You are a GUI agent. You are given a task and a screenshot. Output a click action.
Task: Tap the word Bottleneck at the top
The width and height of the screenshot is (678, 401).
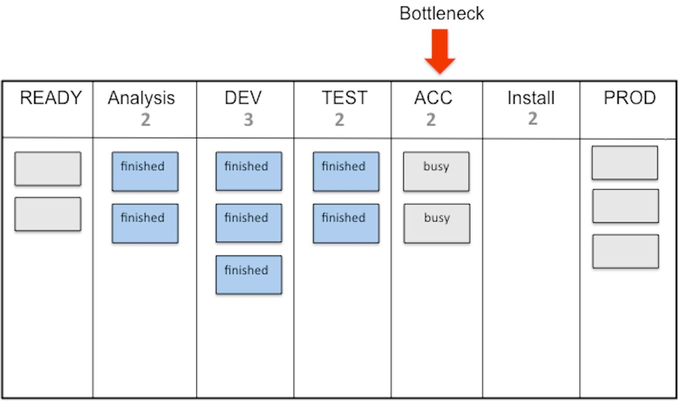441,14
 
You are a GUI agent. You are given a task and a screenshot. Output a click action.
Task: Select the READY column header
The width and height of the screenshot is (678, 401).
50,98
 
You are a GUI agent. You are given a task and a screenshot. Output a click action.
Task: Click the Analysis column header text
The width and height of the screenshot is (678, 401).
141,98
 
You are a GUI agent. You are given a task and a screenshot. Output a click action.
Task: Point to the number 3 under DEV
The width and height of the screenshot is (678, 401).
248,120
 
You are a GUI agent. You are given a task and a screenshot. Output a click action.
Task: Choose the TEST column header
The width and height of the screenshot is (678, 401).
344,98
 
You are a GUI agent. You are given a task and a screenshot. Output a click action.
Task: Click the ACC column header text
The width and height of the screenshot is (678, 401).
433,98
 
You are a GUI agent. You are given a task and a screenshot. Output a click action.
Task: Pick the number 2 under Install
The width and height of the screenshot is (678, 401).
532,119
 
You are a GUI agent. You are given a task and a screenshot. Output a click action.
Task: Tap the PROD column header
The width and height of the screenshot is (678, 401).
629,98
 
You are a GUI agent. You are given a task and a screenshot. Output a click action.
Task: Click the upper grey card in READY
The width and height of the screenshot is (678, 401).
48,169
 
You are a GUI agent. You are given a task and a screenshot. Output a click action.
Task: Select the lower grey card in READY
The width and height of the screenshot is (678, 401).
48,214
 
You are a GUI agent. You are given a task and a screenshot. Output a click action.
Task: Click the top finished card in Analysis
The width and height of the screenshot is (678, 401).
145,172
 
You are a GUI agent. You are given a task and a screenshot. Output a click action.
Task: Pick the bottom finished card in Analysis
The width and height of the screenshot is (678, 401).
145,223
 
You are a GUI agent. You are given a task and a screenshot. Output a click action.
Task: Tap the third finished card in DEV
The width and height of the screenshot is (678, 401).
249,275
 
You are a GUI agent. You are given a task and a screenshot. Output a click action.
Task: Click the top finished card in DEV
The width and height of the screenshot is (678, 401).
249,171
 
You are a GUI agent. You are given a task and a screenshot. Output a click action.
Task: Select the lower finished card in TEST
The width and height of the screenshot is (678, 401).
346,223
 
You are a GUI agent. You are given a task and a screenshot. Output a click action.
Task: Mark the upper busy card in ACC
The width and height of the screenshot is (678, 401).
436,172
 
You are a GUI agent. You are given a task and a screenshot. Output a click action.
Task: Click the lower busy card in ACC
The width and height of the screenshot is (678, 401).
437,223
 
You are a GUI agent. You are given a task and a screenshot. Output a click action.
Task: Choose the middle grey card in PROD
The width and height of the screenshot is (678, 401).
626,206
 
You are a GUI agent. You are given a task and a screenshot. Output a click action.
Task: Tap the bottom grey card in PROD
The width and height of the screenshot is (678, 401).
626,251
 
